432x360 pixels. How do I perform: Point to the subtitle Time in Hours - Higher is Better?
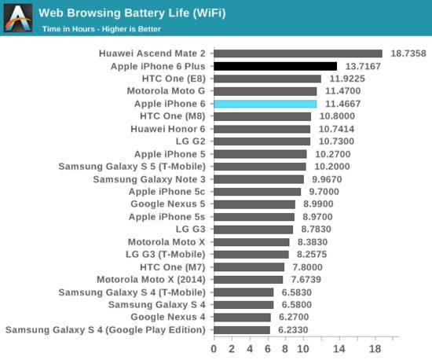97,28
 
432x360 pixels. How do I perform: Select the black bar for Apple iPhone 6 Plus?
275,66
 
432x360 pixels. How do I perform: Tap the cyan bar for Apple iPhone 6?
265,104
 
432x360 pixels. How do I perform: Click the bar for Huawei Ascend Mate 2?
298,53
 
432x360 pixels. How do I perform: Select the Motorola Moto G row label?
167,91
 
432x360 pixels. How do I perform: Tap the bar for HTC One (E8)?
267,79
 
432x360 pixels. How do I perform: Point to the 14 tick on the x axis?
340,347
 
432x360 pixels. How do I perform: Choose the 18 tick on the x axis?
376,347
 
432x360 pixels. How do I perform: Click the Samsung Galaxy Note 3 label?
149,179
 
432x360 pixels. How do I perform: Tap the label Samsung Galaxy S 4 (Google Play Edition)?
105,330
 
